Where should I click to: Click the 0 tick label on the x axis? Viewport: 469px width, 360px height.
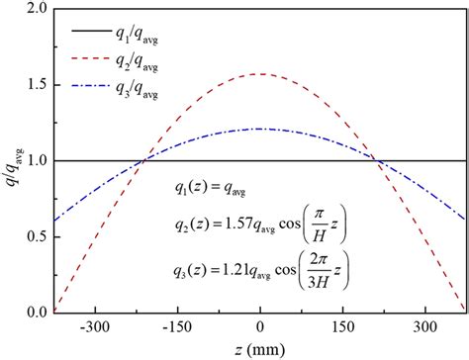(259, 325)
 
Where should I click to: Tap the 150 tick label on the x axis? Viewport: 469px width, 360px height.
(342, 325)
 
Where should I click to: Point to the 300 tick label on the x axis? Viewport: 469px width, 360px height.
(425, 325)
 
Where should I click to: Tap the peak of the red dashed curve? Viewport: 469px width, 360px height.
(259, 74)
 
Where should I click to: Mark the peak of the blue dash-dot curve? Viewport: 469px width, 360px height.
(259, 129)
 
